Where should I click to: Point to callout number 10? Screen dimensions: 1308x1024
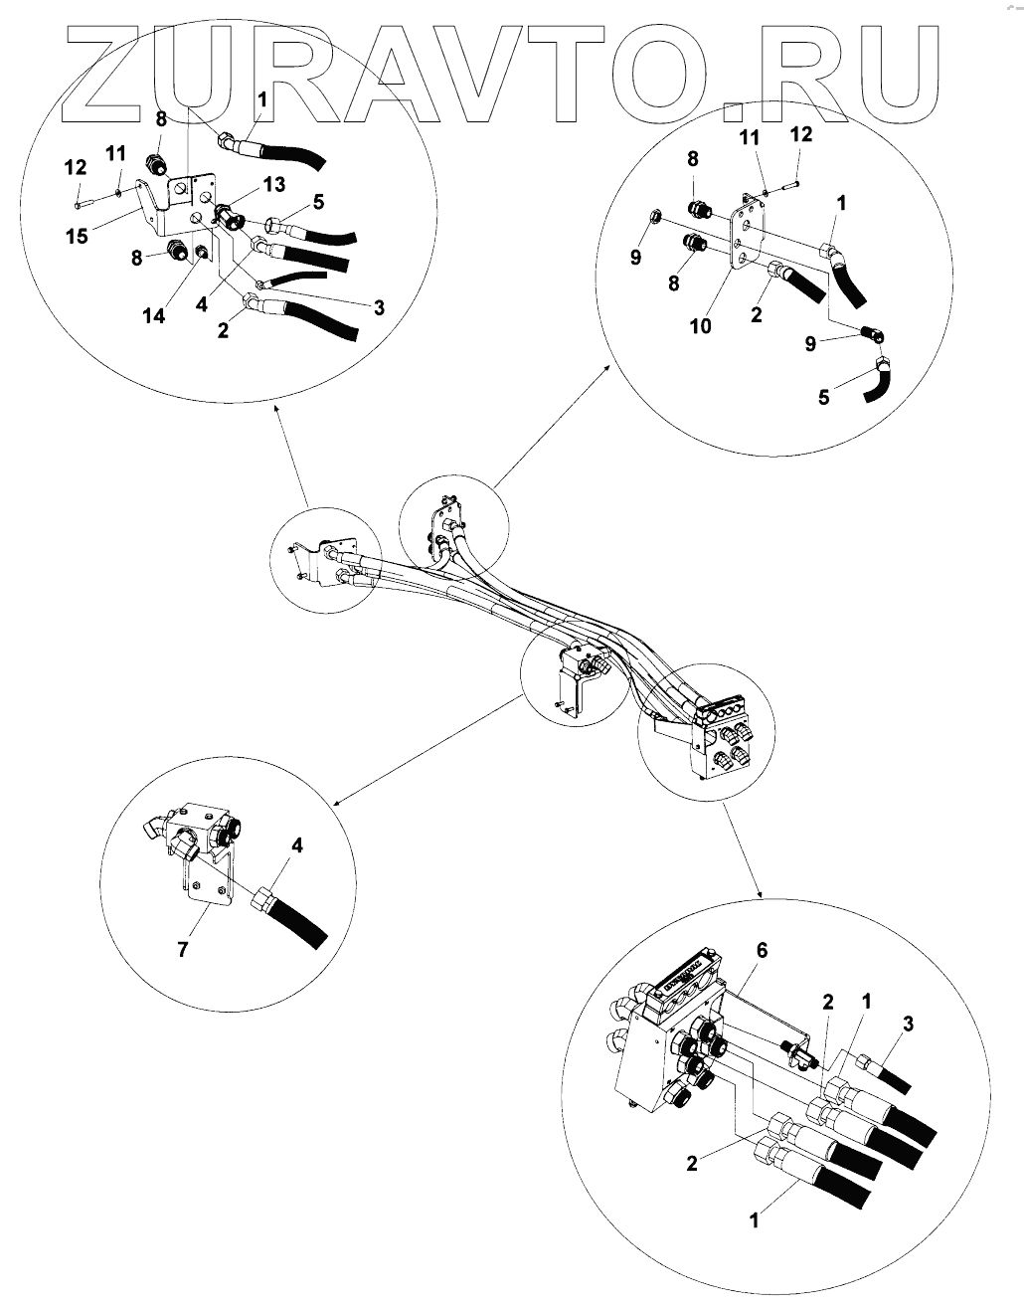(x=701, y=326)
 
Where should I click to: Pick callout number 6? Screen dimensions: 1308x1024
(x=763, y=950)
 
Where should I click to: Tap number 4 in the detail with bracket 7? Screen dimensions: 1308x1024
(x=297, y=845)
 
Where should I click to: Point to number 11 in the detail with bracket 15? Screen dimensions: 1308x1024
(x=115, y=154)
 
